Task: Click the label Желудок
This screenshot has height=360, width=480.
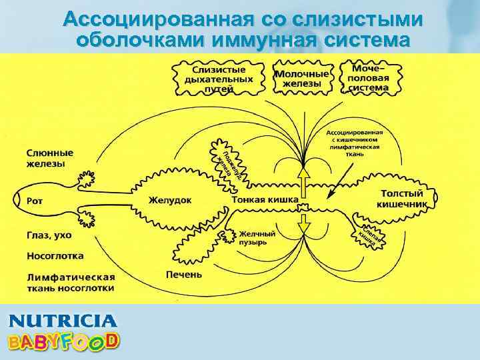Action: click(x=170, y=199)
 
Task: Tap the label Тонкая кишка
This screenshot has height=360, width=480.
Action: click(x=265, y=199)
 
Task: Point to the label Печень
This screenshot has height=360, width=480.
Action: click(x=183, y=274)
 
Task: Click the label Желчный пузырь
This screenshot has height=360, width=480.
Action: click(x=257, y=237)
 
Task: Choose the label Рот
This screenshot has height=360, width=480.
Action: click(x=35, y=199)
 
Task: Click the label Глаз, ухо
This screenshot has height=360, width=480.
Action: click(x=49, y=235)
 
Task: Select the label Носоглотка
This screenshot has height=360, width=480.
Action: click(x=55, y=255)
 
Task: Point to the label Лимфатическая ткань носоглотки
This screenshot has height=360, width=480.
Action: click(x=70, y=282)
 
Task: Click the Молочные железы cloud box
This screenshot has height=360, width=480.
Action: click(x=302, y=78)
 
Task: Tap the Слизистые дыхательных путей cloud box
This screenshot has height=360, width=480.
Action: click(x=219, y=79)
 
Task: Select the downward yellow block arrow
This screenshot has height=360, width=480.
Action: click(x=303, y=223)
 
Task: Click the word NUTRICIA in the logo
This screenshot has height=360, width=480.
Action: click(x=63, y=321)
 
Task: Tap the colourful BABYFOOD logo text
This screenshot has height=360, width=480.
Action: click(x=63, y=341)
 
